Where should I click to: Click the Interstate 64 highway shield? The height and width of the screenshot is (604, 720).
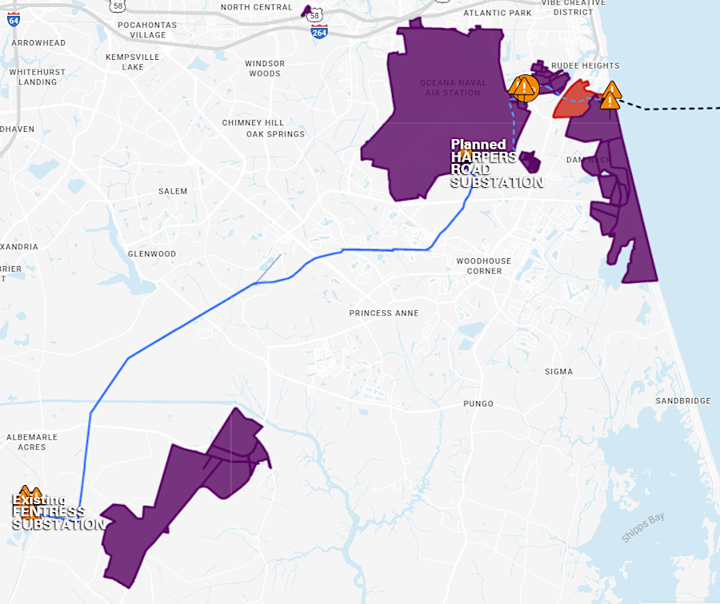14,19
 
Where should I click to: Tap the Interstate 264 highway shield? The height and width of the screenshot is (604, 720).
319,31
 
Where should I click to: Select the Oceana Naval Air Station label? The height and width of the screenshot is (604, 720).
450,87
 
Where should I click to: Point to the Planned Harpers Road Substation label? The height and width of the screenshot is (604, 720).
496,164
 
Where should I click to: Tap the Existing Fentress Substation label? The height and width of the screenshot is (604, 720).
58,512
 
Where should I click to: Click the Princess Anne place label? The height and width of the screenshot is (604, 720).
383,313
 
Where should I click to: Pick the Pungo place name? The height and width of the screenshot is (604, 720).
478,403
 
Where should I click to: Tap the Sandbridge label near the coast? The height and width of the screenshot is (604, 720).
682,400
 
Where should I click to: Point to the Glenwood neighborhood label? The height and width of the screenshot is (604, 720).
152,254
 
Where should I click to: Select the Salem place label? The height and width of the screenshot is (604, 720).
173,191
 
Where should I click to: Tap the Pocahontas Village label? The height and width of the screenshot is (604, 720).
141,30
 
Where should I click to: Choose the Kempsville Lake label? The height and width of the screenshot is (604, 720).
133,62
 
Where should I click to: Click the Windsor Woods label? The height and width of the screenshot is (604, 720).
265,69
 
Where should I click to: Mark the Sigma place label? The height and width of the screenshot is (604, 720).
558,372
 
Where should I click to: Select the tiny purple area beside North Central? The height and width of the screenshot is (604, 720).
306,11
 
